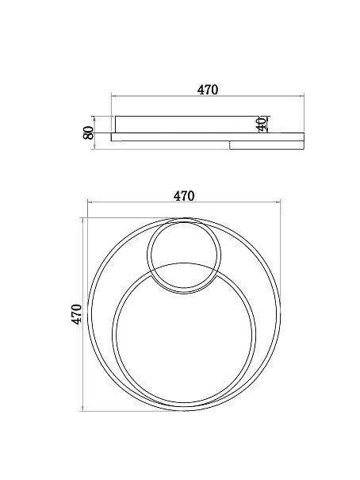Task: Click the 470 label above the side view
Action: pos(208,90)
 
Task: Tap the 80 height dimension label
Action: pos(88,132)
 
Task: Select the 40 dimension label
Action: pos(262,124)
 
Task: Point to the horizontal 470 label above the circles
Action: pos(184,196)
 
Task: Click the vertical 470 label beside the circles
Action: pos(76,314)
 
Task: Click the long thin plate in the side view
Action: pos(208,136)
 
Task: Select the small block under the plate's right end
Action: pos(266,145)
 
